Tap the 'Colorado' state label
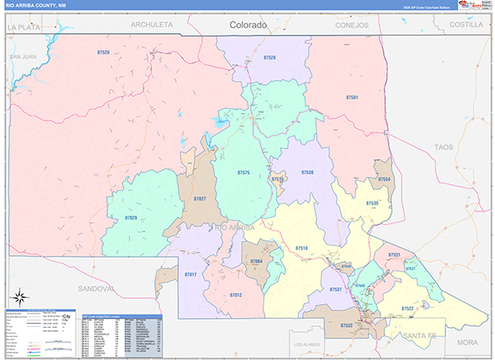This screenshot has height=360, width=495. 248,26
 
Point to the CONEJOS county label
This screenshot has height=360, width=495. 352,25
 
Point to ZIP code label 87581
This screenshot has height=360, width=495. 352,98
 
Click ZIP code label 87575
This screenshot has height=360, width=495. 243,173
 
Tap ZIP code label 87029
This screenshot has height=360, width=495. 131,217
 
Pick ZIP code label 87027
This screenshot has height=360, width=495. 200,199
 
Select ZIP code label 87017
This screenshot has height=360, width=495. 191,273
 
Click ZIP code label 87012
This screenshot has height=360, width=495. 235,295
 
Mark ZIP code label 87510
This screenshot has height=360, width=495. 301,248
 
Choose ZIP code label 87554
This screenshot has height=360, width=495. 384,179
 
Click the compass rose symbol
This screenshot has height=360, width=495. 19,296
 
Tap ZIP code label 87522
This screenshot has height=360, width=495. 407,308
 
